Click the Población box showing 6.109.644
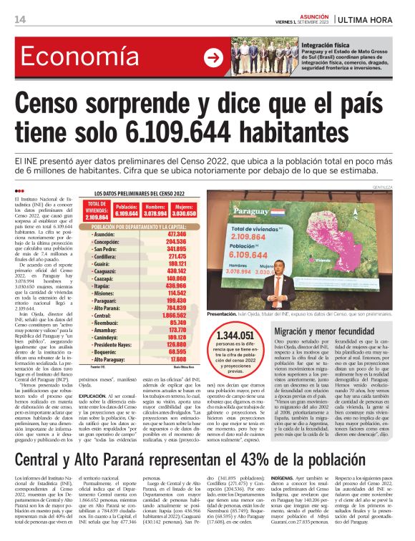127,210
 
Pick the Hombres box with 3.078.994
155,210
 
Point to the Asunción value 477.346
176,234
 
